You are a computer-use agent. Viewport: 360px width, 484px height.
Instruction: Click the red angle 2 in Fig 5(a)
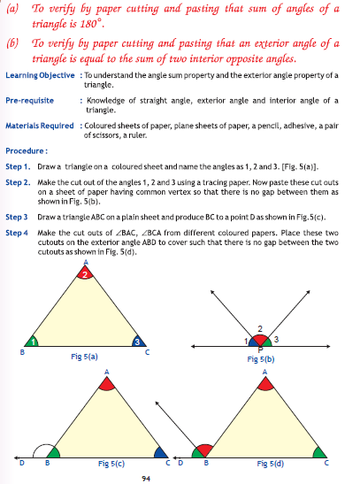85,275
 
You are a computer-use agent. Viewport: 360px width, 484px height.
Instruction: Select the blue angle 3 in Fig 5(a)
137,341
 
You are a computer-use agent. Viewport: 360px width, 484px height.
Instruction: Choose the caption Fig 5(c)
111,462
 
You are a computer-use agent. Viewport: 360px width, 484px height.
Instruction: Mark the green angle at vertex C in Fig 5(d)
319,450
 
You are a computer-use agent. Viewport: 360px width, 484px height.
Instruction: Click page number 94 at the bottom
144,478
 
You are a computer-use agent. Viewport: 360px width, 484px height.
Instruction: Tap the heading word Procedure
27,151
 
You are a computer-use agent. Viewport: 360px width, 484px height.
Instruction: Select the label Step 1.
18,165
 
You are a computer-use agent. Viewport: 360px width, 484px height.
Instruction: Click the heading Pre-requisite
27,101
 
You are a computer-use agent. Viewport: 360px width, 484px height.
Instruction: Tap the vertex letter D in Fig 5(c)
21,462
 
